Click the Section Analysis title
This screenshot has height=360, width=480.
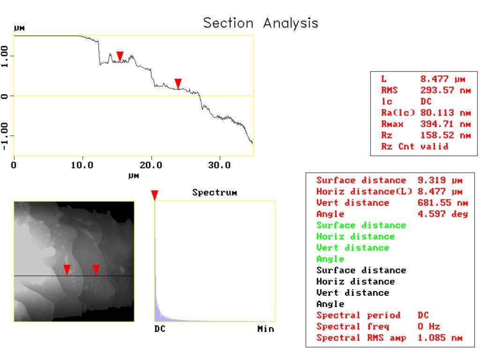pos(261,23)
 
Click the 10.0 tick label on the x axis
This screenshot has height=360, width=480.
pos(82,165)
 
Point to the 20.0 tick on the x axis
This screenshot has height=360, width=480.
pos(150,165)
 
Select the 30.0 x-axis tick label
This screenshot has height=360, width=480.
pos(219,165)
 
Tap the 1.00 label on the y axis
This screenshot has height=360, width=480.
pos(4,56)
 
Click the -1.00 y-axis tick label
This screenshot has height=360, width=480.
pos(4,136)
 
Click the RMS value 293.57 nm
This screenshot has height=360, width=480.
pos(445,90)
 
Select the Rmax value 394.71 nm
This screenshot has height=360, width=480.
pos(445,124)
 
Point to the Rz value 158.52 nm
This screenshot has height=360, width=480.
pos(445,135)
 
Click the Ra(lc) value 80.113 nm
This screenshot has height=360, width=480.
pos(445,113)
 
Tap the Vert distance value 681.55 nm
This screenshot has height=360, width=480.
pos(442,202)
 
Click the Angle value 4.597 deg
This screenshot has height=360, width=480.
pos(442,214)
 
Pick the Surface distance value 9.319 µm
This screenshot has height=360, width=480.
pos(440,180)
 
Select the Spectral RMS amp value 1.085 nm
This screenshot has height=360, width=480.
pos(440,338)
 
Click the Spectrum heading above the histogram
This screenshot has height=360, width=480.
pos(215,193)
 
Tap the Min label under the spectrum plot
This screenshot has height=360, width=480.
pos(266,329)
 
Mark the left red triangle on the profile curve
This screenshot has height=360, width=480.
pos(120,57)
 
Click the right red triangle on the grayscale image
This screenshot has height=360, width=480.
pos(96,270)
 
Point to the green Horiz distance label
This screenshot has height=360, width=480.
pos(355,237)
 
